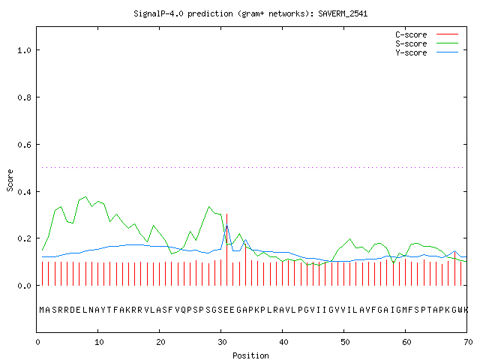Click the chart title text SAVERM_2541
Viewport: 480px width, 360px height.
click(x=343, y=13)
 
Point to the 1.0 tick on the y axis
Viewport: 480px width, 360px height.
click(x=24, y=50)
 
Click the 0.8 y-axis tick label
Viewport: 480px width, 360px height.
click(x=24, y=97)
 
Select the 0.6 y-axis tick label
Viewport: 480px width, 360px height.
click(x=24, y=145)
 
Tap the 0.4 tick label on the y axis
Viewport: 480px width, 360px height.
click(x=24, y=192)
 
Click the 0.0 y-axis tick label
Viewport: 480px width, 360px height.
click(x=24, y=286)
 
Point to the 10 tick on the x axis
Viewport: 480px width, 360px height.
click(x=99, y=342)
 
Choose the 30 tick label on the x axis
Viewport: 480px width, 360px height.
click(x=222, y=342)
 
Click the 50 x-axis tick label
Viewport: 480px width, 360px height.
click(x=345, y=342)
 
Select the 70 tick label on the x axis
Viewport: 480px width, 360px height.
click(x=468, y=342)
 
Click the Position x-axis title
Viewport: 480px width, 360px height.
click(x=250, y=355)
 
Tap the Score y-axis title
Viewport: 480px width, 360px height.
click(x=10, y=180)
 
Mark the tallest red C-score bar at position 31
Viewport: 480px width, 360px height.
click(x=226, y=250)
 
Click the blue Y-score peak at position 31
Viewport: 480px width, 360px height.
click(x=226, y=226)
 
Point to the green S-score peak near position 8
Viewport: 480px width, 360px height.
click(x=85, y=196)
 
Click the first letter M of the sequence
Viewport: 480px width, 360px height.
click(x=42, y=310)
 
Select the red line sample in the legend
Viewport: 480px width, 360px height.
click(x=447, y=34)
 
